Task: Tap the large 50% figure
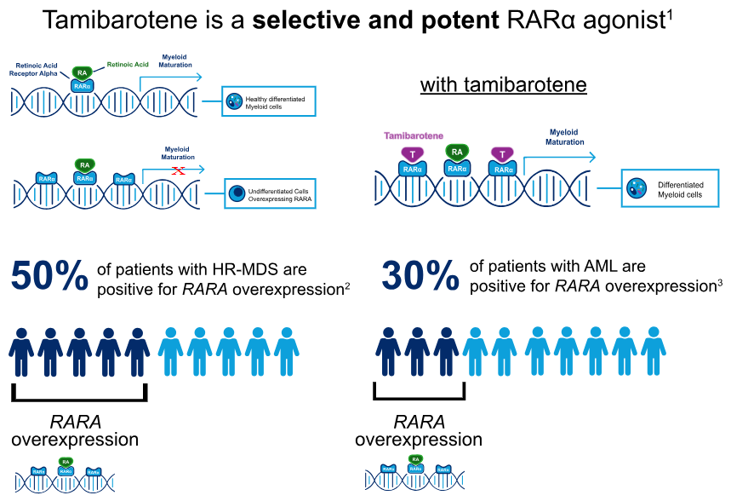[x=49, y=277]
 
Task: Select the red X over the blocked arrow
[x=179, y=171]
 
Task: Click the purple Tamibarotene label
[x=413, y=135]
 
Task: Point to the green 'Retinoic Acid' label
[x=128, y=64]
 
